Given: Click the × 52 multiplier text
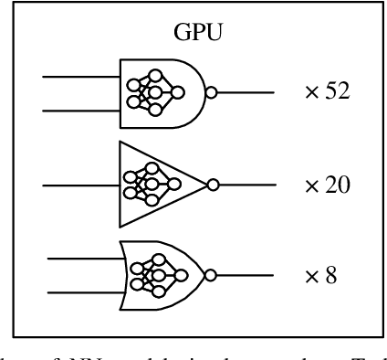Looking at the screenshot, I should click(328, 92).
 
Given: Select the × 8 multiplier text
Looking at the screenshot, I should click(322, 274).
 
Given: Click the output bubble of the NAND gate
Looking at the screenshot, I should click(212, 91).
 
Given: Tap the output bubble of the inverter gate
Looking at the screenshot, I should click(213, 185).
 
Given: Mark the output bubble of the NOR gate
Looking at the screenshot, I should click(212, 273).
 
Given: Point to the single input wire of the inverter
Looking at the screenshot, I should click(82, 185).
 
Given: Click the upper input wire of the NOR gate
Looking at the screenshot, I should click(85, 257).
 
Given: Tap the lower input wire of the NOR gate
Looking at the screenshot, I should click(85, 293).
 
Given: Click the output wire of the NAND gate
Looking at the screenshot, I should click(246, 91).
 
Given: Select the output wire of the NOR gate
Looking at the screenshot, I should click(246, 273).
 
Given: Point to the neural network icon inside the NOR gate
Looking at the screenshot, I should click(156, 273).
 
